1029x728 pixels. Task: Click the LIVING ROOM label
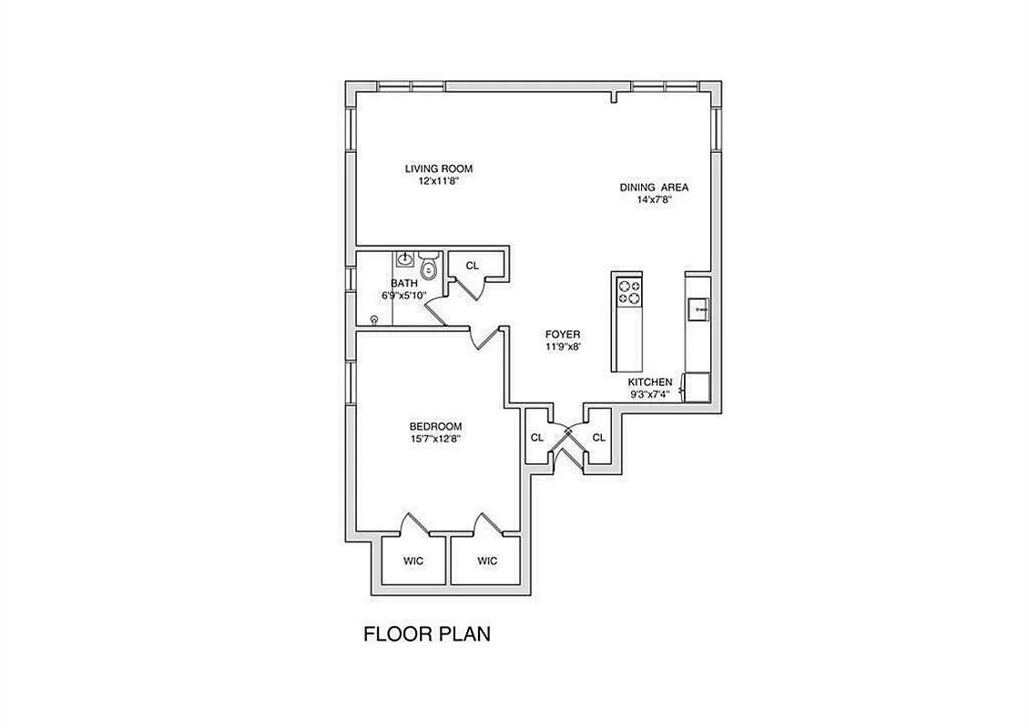pyautogui.click(x=438, y=168)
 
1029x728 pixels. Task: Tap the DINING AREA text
pyautogui.click(x=654, y=187)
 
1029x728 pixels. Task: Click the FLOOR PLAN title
pyautogui.click(x=427, y=634)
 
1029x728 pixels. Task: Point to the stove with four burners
pyautogui.click(x=629, y=292)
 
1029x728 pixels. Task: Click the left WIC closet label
pyautogui.click(x=413, y=561)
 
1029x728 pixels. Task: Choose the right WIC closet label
pyautogui.click(x=487, y=561)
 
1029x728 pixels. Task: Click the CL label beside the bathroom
pyautogui.click(x=472, y=266)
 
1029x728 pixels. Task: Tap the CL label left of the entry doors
pyautogui.click(x=536, y=438)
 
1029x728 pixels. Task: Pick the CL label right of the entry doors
pyautogui.click(x=598, y=438)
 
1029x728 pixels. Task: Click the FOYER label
pyautogui.click(x=563, y=334)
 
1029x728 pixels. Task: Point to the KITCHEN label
pyautogui.click(x=650, y=382)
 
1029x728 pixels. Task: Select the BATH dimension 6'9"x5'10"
pyautogui.click(x=405, y=296)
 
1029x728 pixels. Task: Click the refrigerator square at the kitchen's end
pyautogui.click(x=698, y=387)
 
